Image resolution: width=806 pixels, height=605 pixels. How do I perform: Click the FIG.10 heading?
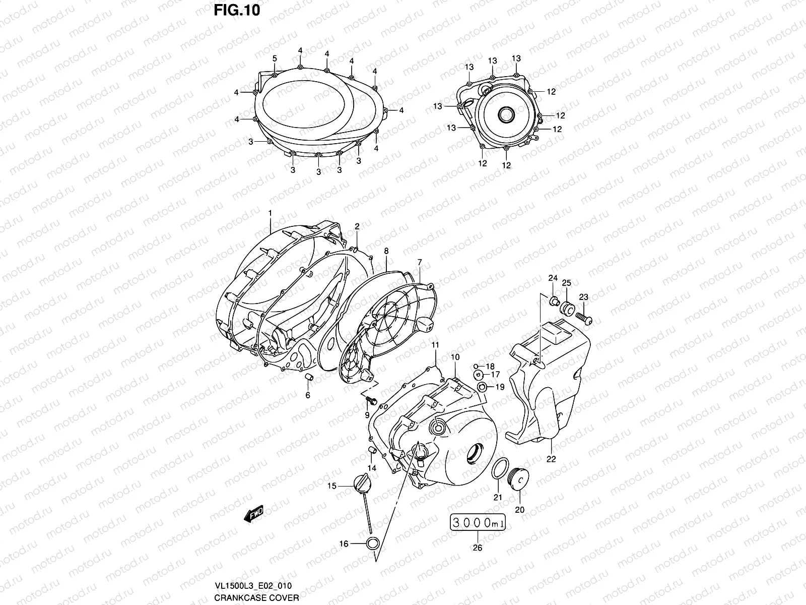236,11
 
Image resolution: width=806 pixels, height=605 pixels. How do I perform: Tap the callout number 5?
275,59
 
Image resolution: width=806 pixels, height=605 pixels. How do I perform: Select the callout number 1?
270,214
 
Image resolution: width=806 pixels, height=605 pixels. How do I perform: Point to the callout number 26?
478,548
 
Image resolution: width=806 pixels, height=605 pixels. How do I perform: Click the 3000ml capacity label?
478,524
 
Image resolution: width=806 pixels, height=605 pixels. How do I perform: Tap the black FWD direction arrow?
253,514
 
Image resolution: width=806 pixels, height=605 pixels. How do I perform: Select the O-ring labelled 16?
372,543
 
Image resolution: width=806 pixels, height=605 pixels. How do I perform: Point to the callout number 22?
551,459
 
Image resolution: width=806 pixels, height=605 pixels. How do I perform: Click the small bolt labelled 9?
370,400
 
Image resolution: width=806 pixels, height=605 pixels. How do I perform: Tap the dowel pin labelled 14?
372,450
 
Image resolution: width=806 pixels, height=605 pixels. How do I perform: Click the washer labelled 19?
482,387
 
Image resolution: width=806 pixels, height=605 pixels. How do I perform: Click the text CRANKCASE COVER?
256,598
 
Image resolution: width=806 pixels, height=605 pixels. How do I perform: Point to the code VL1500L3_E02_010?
252,585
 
